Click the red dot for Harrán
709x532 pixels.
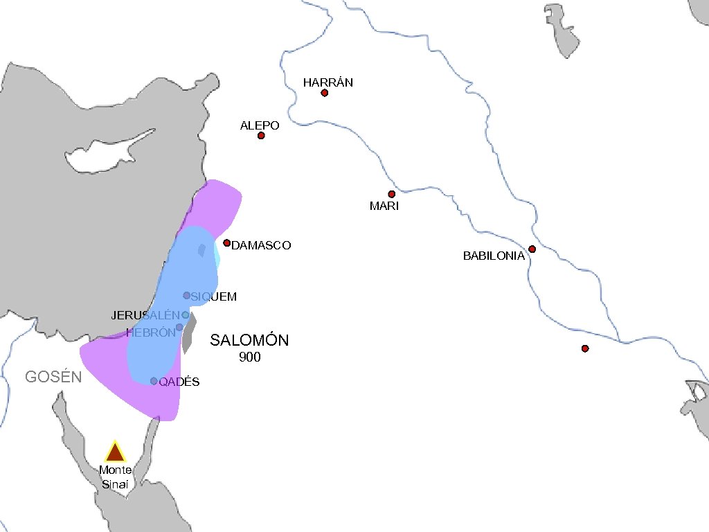click(x=324, y=93)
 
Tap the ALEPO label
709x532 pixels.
click(x=260, y=125)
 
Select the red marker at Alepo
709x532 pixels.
click(x=261, y=136)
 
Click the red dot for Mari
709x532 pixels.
click(x=391, y=194)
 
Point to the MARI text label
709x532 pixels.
click(x=384, y=206)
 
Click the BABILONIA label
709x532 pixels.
click(x=494, y=256)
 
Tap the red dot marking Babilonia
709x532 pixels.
click(x=532, y=249)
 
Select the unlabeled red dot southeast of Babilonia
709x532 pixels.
click(x=585, y=348)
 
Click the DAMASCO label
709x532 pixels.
click(x=261, y=245)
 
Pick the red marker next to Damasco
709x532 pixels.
click(x=226, y=242)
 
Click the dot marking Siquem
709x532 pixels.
click(x=186, y=295)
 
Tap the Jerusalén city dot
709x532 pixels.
click(x=185, y=314)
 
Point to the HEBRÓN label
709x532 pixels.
click(x=151, y=332)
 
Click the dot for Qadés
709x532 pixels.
click(x=154, y=381)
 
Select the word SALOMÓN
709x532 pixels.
click(x=249, y=340)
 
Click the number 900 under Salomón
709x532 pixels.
click(x=249, y=357)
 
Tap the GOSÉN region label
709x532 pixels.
click(x=53, y=377)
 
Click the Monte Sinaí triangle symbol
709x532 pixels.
click(x=114, y=452)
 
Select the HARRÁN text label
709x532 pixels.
click(x=328, y=82)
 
